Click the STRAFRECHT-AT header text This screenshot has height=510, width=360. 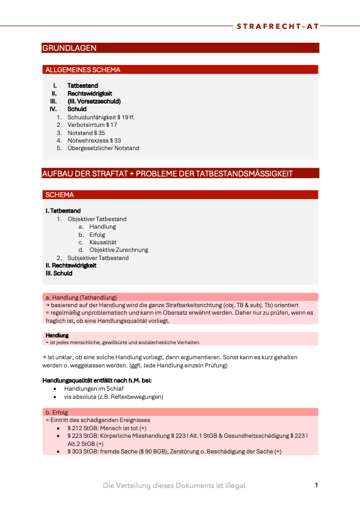(278, 26)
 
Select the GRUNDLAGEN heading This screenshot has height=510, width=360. (69, 48)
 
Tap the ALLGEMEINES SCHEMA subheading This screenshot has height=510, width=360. (83, 70)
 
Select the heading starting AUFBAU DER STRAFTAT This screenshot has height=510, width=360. (167, 173)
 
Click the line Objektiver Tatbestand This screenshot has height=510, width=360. (97, 219)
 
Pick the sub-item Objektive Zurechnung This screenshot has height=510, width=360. (119, 250)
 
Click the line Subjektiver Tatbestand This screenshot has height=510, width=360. (98, 258)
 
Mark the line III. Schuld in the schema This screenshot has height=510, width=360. (59, 273)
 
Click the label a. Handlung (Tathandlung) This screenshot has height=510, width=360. (81, 297)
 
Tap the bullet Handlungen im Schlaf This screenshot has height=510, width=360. (94, 389)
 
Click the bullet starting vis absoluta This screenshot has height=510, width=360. (113, 397)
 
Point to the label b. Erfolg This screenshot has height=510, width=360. (57, 412)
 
